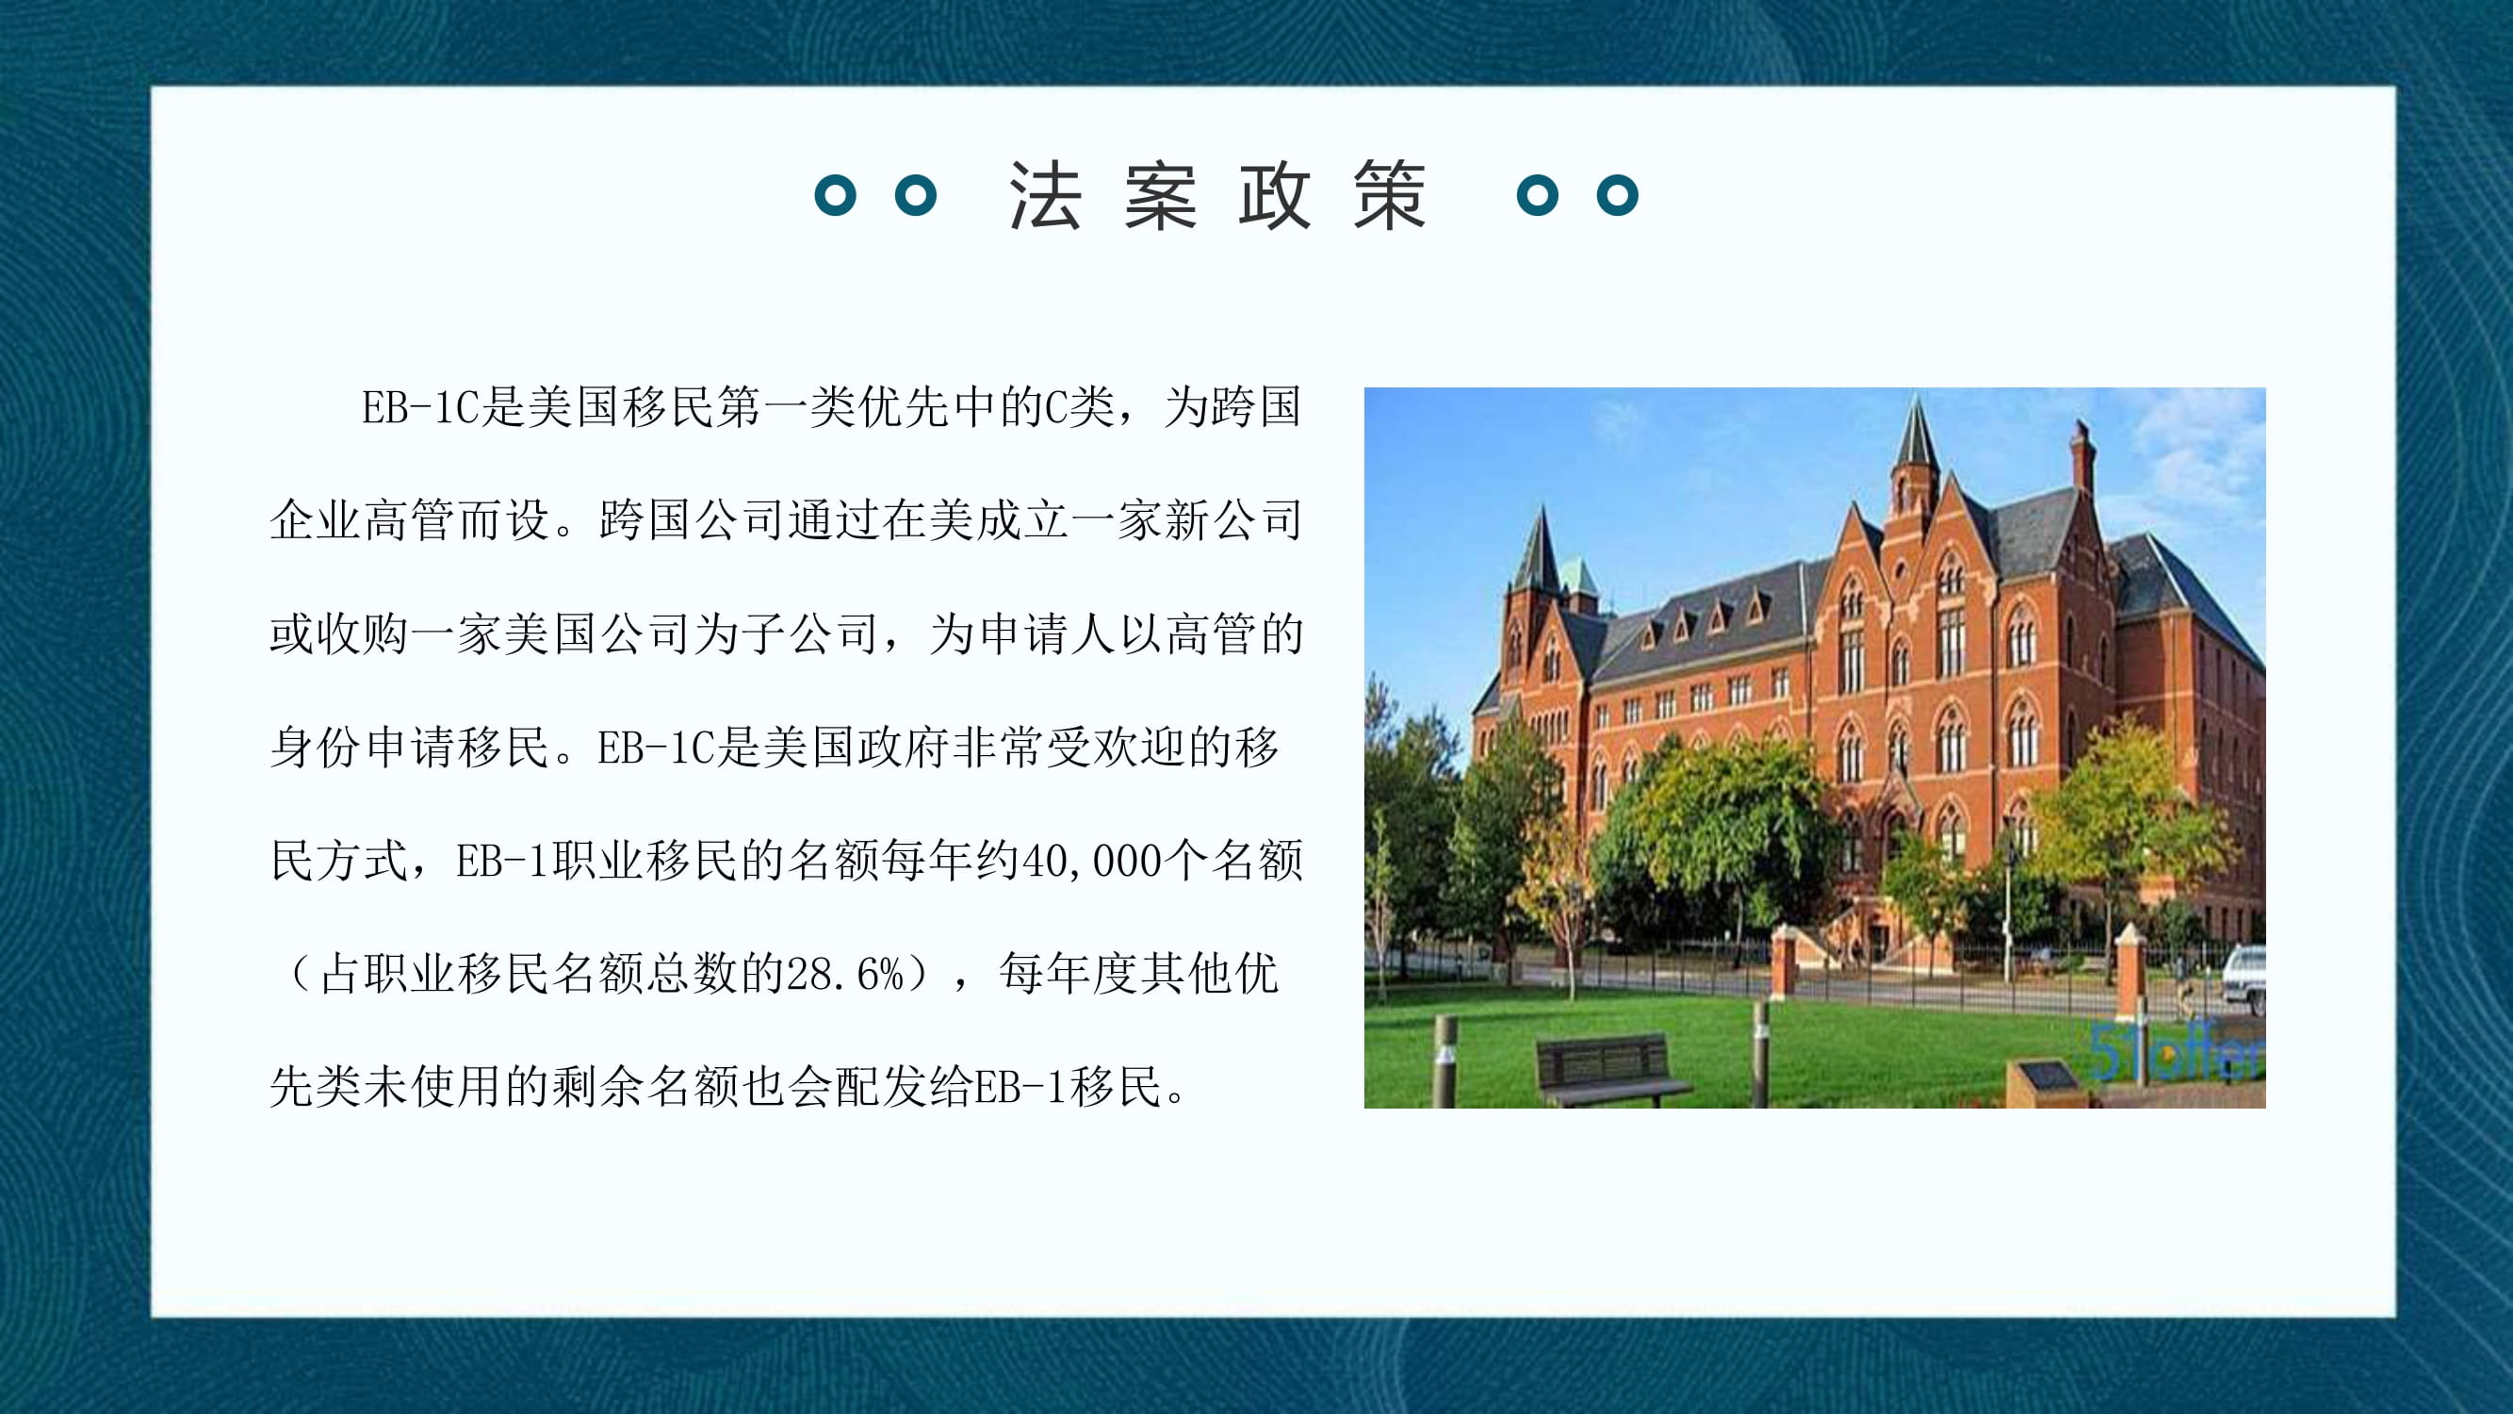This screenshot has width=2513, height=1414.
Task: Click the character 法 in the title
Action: [x=1045, y=195]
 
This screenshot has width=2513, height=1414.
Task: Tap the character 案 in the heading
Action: [x=1160, y=195]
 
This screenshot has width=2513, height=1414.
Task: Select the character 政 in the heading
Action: [x=1275, y=195]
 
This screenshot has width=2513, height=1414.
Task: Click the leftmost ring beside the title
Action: [x=835, y=195]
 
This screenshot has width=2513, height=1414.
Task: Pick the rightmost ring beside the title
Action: [x=1618, y=195]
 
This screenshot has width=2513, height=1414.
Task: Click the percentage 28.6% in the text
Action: [x=846, y=975]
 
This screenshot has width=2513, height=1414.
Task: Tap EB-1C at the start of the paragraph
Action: [x=420, y=408]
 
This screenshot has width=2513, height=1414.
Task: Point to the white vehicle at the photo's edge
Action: [x=2244, y=978]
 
